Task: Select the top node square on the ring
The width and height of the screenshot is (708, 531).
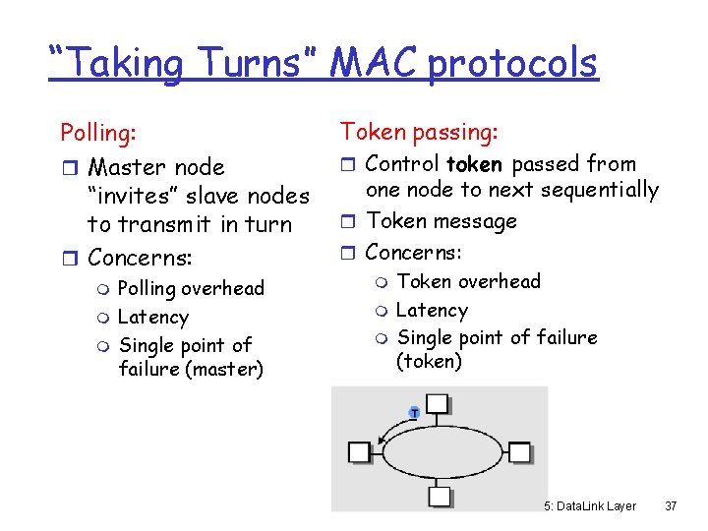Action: (x=439, y=404)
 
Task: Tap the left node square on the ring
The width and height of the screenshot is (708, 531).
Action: (x=360, y=452)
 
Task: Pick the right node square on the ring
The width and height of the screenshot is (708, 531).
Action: (x=519, y=452)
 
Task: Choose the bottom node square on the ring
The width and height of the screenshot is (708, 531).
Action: (x=439, y=497)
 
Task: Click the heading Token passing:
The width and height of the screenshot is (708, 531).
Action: (x=419, y=131)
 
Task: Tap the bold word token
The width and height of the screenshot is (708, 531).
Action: (x=474, y=164)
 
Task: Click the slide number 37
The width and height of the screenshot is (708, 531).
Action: (x=672, y=506)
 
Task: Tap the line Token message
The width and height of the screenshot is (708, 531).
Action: (x=442, y=221)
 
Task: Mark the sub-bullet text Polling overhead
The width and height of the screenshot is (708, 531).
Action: (x=191, y=288)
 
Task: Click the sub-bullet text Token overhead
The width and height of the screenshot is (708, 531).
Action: (x=468, y=281)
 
